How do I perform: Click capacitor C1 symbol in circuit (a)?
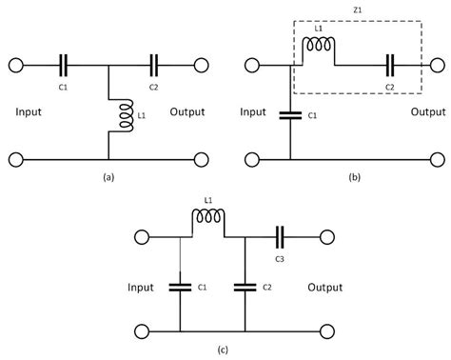(64, 65)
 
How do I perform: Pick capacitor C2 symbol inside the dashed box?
(390, 66)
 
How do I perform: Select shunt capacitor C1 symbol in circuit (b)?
(289, 115)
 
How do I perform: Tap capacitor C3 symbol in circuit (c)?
(281, 236)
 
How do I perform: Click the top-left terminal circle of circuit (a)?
(16, 65)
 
